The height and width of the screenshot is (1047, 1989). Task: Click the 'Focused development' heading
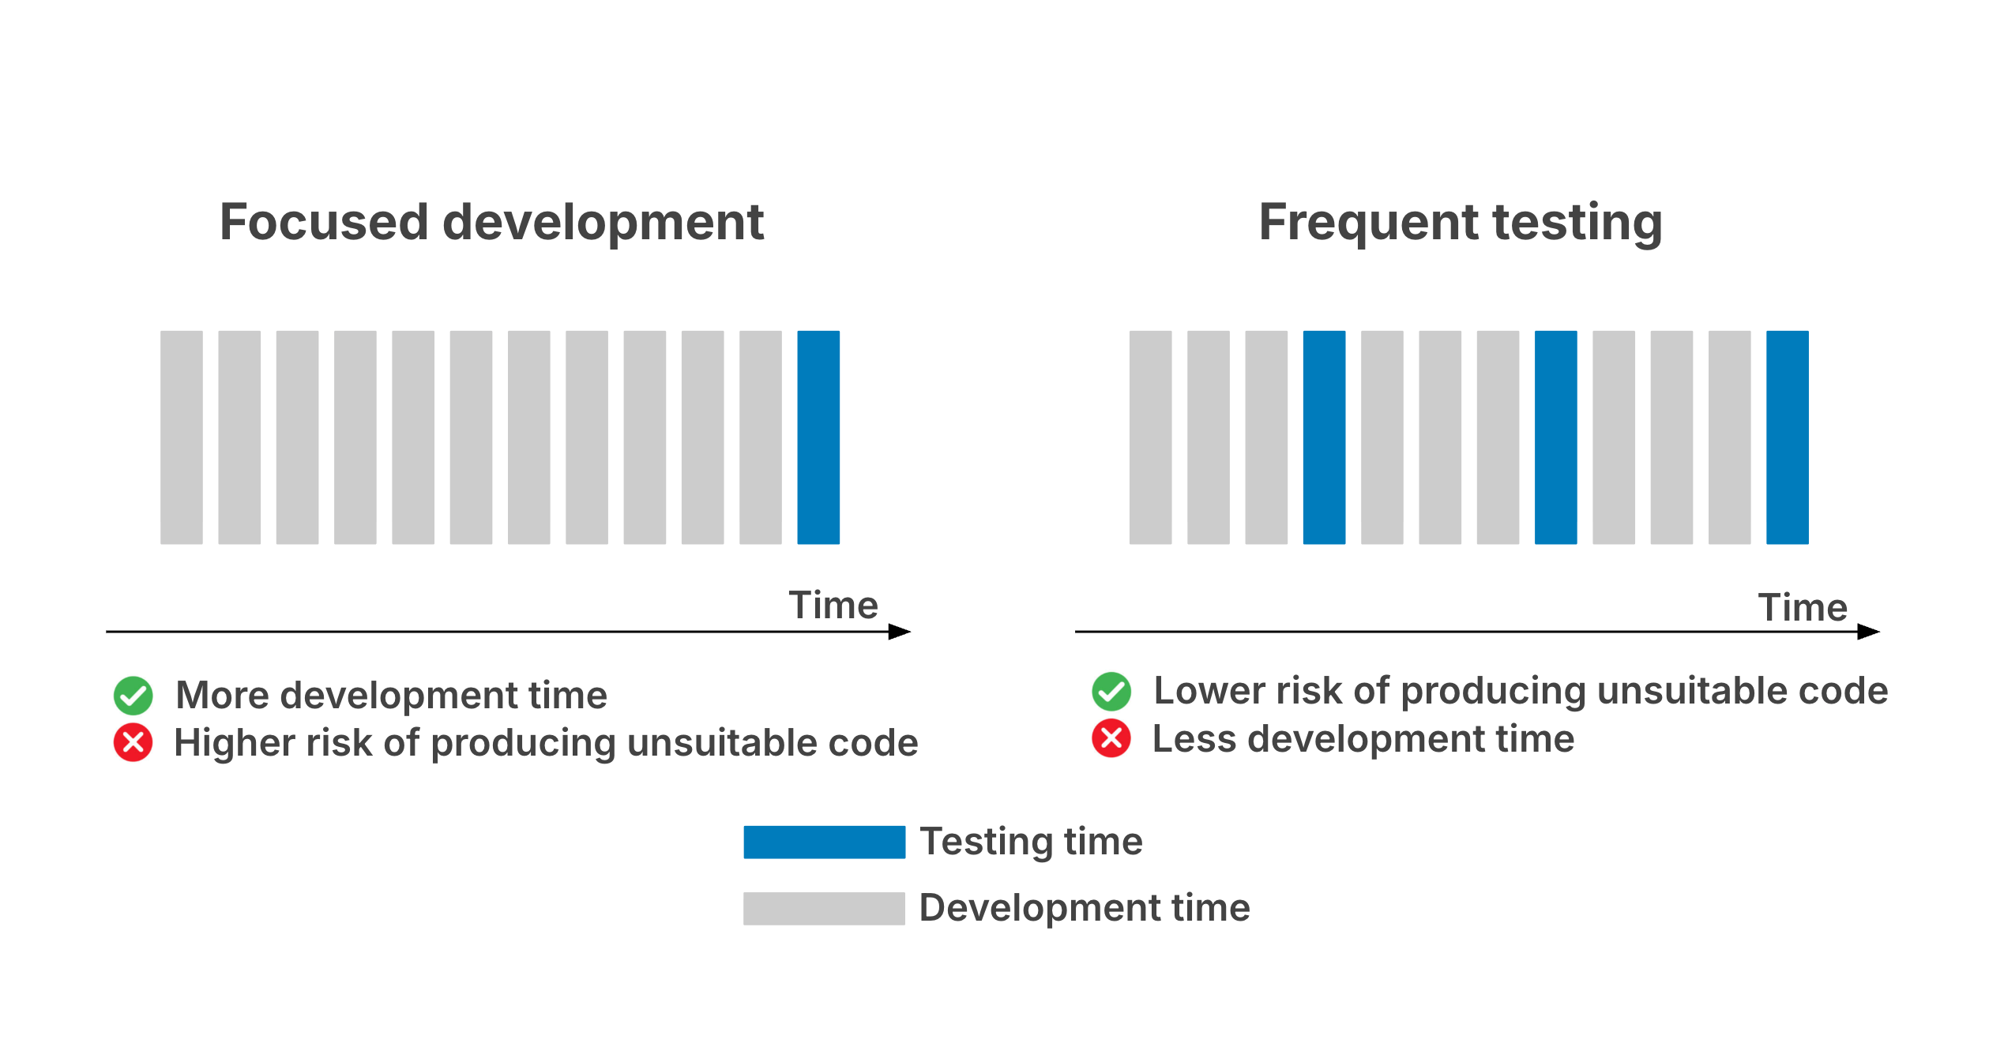[491, 222]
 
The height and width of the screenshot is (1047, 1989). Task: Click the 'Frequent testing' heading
[1461, 223]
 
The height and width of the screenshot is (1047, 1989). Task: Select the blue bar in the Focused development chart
[818, 437]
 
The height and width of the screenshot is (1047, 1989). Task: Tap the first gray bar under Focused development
[182, 437]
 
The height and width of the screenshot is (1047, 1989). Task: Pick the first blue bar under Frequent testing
[1324, 437]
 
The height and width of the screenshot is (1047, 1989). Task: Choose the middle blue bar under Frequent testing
[1555, 437]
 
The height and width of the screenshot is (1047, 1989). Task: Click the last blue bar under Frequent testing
[1788, 437]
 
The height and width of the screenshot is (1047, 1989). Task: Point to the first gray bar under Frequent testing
[1150, 437]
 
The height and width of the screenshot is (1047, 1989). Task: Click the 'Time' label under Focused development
[833, 606]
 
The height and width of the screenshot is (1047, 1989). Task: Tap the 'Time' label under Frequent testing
[1803, 608]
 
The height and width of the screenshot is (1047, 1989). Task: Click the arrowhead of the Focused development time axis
[900, 632]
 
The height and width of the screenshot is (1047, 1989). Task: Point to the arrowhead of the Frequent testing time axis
[1869, 632]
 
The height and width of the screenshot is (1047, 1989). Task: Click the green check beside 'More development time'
[133, 696]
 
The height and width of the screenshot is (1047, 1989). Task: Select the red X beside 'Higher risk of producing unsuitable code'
[133, 742]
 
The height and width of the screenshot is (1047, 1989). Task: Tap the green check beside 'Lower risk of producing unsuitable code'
[1111, 692]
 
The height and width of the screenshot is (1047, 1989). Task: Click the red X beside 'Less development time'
[1111, 738]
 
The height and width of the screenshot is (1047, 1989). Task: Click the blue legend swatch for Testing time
[824, 842]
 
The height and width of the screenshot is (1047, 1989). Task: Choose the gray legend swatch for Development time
[824, 909]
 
